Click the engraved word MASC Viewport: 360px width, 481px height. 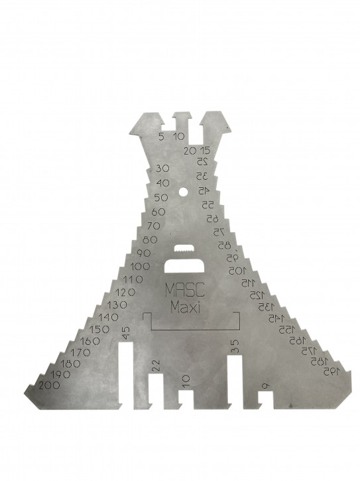coord(184,289)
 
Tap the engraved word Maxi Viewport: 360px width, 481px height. coord(185,307)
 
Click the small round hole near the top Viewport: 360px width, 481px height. coord(183,192)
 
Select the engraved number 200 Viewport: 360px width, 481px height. coord(49,385)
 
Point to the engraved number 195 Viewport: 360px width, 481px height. coord(331,372)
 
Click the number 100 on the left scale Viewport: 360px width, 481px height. coord(140,267)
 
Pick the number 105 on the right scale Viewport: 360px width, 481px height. coord(237,271)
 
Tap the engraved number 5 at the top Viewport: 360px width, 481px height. coord(161,137)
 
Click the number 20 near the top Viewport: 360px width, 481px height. coord(190,151)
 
